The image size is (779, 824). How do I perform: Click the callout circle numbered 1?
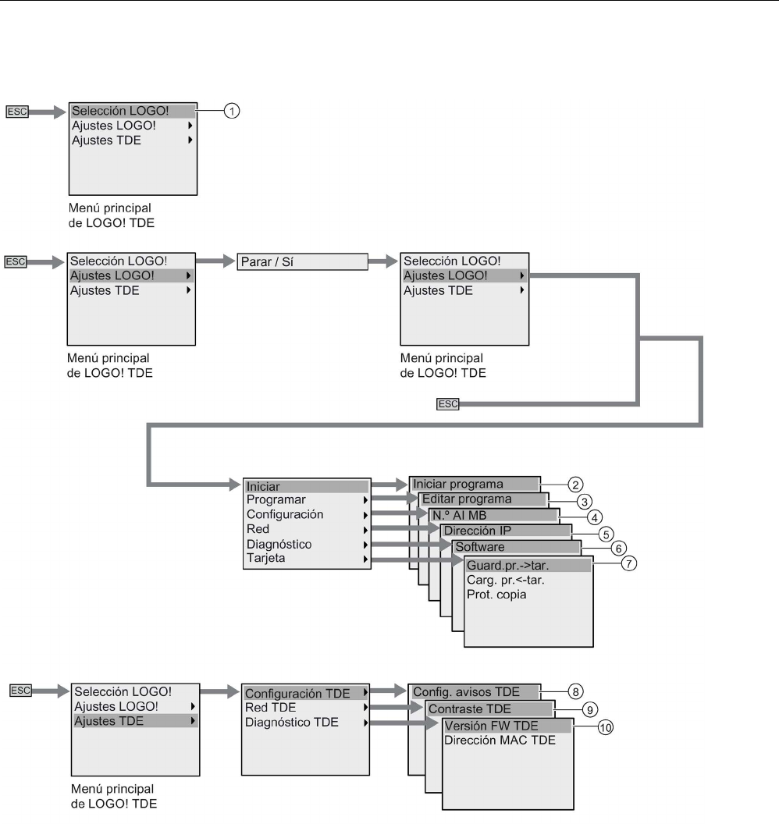click(232, 112)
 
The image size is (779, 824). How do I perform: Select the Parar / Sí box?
click(301, 261)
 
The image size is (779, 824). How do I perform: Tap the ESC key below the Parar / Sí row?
click(448, 403)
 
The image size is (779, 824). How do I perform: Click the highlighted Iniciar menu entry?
click(305, 485)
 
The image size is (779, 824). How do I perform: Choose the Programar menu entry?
click(305, 499)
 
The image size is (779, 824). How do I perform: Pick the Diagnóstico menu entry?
click(305, 544)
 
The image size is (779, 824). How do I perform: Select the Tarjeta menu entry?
click(305, 559)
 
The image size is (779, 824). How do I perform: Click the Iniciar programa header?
click(474, 484)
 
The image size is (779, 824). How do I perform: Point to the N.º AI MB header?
click(492, 515)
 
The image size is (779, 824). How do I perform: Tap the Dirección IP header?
click(505, 531)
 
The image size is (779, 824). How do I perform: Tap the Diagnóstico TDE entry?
click(292, 723)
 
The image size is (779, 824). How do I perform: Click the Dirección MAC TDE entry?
click(500, 741)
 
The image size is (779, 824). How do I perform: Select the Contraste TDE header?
click(489, 709)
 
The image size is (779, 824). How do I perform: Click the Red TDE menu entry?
click(270, 708)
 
